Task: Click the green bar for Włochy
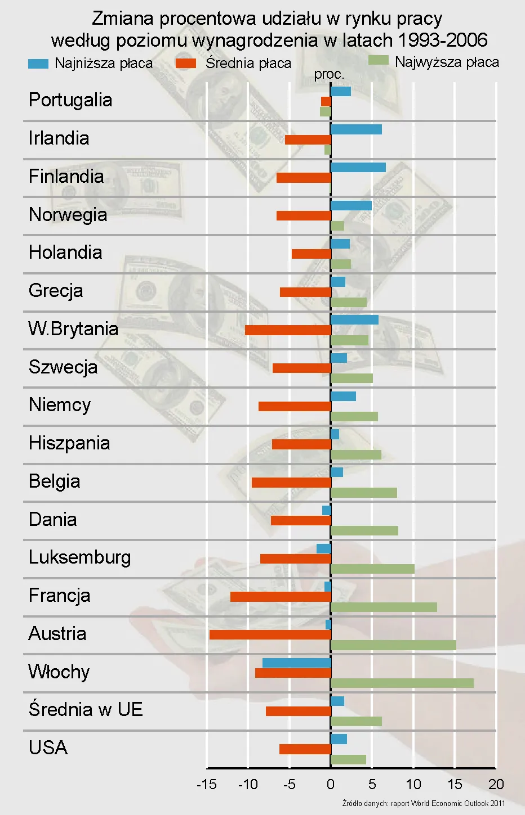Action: pos(402,683)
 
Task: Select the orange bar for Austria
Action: pos(270,634)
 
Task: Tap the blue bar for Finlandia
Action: pos(358,167)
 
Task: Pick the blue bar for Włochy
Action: pos(296,663)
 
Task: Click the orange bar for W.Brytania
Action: pos(288,330)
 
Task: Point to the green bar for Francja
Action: pos(384,607)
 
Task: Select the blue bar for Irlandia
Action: pos(356,129)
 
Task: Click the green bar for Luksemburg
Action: pos(372,569)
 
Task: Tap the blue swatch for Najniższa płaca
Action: pos(38,64)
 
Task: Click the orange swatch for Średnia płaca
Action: pos(186,64)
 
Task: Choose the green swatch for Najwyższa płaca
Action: pos(379,60)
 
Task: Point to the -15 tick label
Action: pos(206,784)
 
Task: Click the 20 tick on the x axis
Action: pos(496,784)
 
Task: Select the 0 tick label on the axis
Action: pos(331,784)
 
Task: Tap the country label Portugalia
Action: pos(70,100)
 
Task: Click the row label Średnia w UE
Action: pos(86,709)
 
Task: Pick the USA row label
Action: pos(48,748)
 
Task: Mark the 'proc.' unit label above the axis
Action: pos(329,74)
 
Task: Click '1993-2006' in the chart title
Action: pos(443,40)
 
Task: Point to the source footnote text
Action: pos(424,803)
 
